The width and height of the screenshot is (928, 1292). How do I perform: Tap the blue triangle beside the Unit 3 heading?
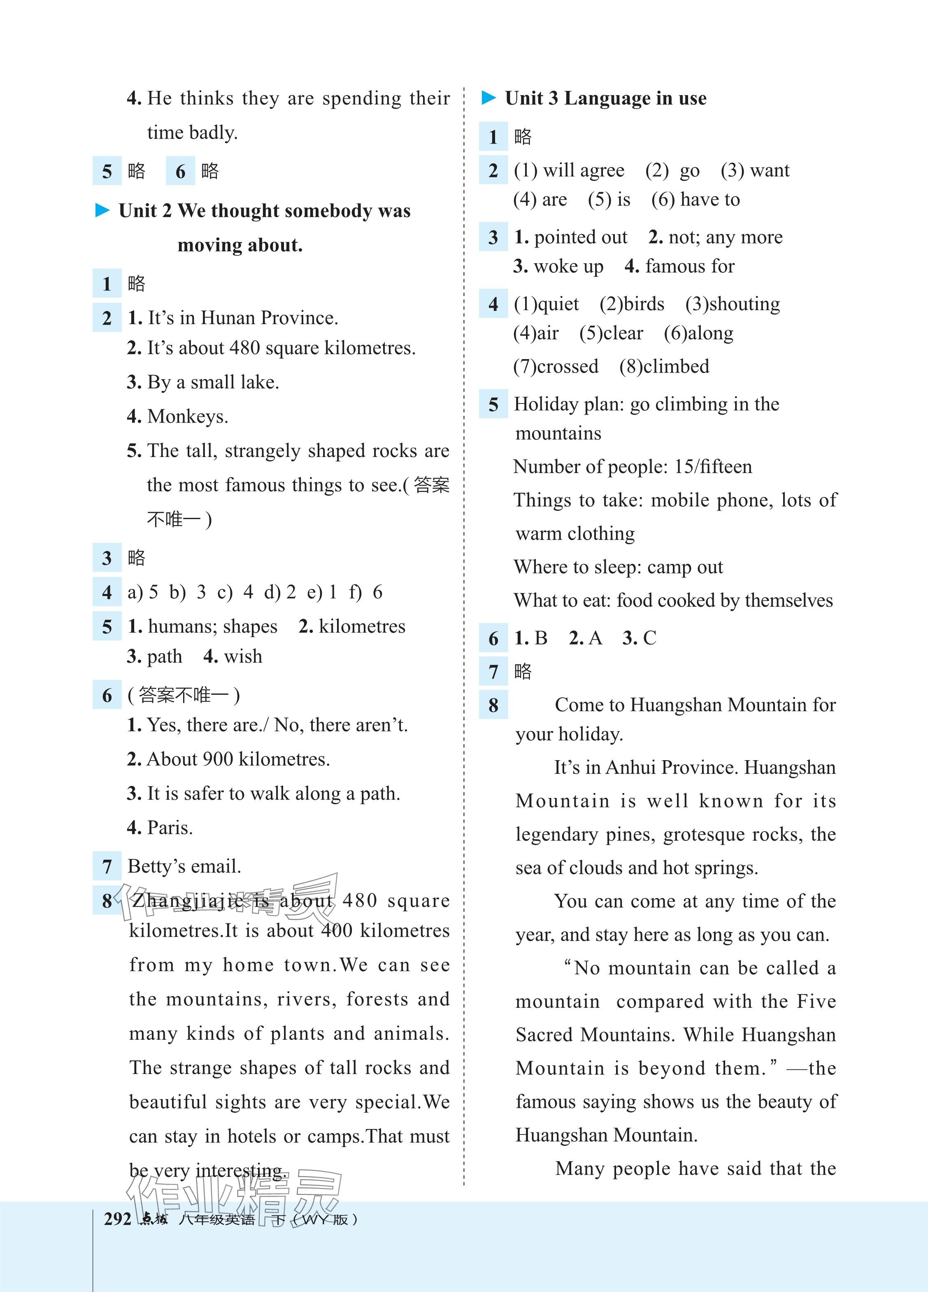pos(488,98)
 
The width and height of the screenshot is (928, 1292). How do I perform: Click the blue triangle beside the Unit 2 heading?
pos(102,211)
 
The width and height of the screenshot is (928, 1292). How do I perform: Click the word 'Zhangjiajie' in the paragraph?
pos(188,901)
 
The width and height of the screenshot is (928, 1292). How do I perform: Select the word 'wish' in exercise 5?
pos(243,657)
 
